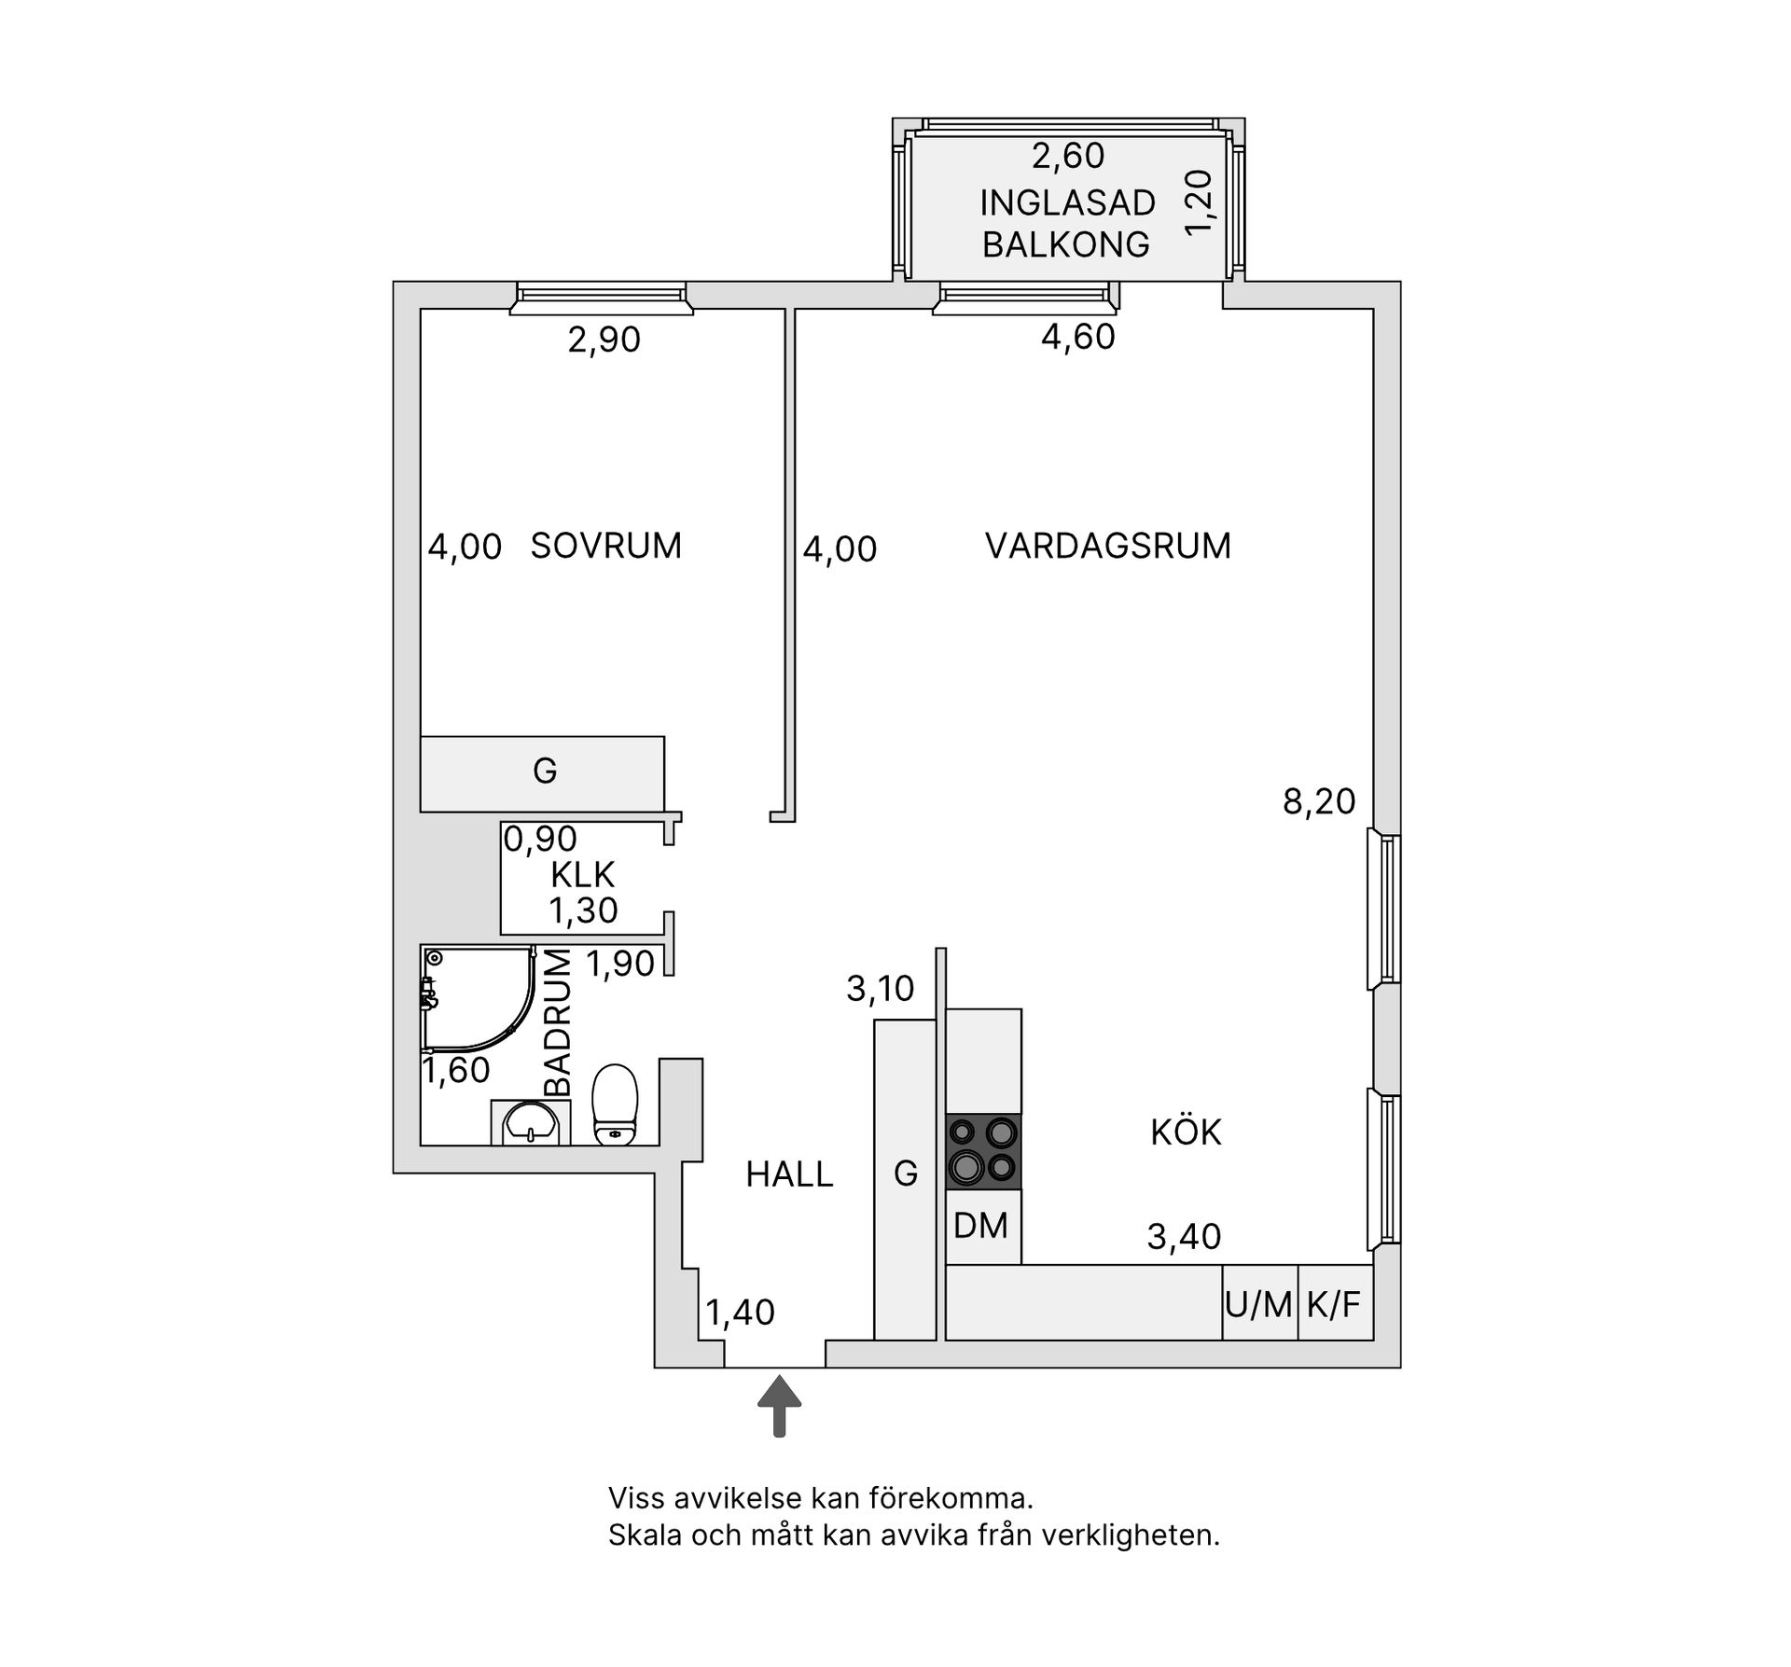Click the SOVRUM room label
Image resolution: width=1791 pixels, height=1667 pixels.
(x=606, y=546)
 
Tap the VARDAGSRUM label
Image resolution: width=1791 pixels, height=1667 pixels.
(x=1108, y=546)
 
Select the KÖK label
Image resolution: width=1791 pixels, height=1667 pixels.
(x=1186, y=1132)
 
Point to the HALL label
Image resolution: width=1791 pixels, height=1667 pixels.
(x=789, y=1174)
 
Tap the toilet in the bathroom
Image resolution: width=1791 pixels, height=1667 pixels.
(x=616, y=1104)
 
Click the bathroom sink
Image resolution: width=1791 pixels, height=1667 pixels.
(x=530, y=1122)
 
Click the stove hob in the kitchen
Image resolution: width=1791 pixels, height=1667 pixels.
(x=984, y=1152)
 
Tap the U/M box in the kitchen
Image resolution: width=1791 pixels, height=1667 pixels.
(x=1260, y=1303)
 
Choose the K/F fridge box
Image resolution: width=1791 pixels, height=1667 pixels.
(x=1335, y=1303)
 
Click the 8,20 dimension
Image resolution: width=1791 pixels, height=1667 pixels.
(x=1319, y=801)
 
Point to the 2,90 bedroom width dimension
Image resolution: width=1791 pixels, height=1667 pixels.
(x=604, y=340)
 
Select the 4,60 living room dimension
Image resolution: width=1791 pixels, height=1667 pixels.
(x=1078, y=337)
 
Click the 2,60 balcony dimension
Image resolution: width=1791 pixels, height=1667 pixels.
(x=1068, y=156)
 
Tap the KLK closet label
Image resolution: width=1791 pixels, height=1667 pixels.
(x=583, y=875)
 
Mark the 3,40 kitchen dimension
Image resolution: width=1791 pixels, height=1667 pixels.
(x=1184, y=1237)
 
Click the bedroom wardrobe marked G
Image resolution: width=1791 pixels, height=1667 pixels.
(x=543, y=773)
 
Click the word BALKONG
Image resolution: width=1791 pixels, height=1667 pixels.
(x=1066, y=244)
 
